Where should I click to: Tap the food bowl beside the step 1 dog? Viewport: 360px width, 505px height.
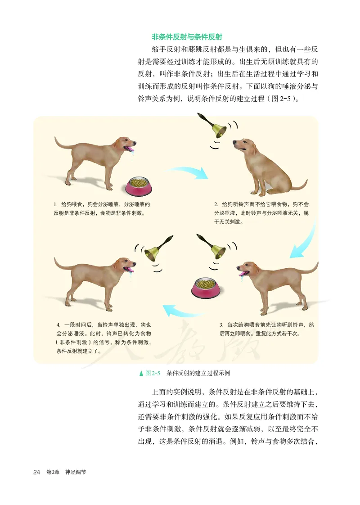[138, 186]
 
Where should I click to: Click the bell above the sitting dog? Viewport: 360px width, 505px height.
[218, 129]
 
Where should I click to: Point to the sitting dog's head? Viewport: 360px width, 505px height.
[243, 146]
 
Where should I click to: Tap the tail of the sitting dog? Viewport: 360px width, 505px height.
[299, 185]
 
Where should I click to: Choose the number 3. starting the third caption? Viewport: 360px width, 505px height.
[221, 325]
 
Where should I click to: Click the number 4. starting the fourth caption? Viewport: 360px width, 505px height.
[58, 325]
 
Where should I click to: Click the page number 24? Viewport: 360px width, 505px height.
[37, 472]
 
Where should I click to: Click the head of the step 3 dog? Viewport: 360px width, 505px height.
[248, 269]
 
